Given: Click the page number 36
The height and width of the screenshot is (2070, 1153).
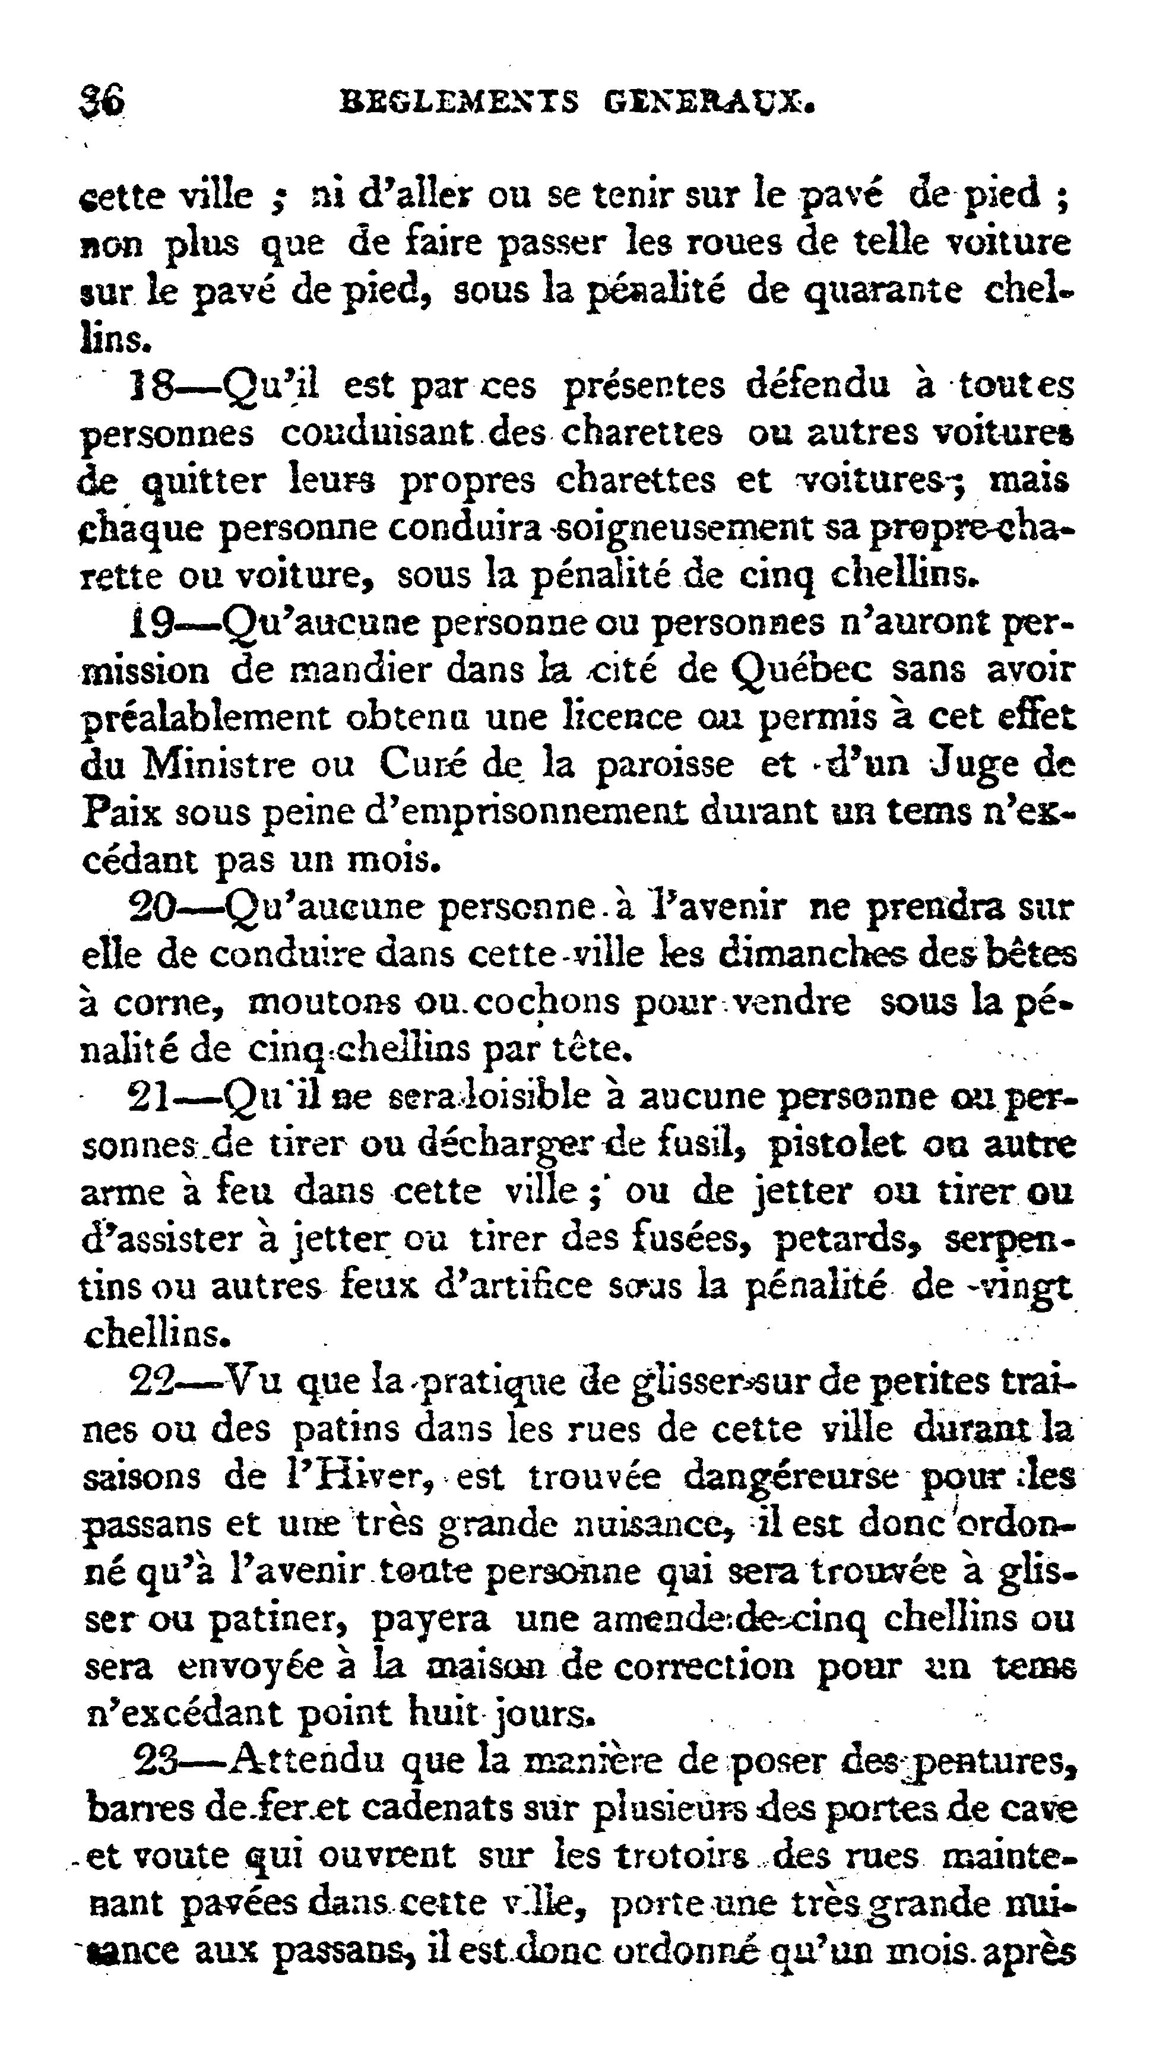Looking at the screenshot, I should [x=102, y=102].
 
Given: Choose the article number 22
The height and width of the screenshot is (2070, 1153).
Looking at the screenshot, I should [x=153, y=1381].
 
